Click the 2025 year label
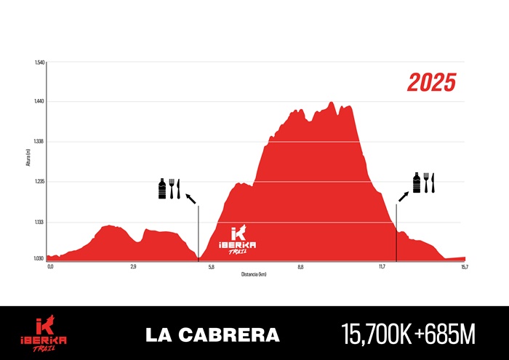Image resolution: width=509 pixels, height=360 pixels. click(431, 82)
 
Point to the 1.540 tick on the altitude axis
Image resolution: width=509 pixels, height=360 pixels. click(40, 63)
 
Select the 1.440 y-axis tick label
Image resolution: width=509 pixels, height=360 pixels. click(40, 102)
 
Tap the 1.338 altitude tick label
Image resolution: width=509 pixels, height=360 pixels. click(40, 142)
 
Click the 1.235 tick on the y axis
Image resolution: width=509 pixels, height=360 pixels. click(40, 182)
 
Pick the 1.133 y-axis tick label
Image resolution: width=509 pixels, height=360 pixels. click(40, 222)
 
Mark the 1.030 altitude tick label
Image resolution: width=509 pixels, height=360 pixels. click(40, 258)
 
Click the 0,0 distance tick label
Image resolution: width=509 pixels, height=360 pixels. click(50, 268)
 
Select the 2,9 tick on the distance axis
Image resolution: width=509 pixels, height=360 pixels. click(133, 268)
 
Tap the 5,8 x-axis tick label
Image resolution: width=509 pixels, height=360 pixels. click(212, 268)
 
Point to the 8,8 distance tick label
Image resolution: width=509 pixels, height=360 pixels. click(300, 268)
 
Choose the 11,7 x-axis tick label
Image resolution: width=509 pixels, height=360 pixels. click(382, 268)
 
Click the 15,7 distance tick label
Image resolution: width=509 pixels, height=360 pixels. click(465, 268)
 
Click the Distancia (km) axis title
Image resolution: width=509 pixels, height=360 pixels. click(254, 274)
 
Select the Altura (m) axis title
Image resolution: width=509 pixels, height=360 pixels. click(28, 159)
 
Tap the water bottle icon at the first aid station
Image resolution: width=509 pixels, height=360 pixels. click(162, 188)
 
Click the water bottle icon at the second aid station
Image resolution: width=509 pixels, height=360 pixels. click(417, 183)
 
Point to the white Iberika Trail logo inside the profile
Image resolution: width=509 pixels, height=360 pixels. click(238, 239)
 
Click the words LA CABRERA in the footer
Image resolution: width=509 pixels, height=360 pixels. click(212, 335)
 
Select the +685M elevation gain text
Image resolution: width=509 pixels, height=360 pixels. click(444, 335)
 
